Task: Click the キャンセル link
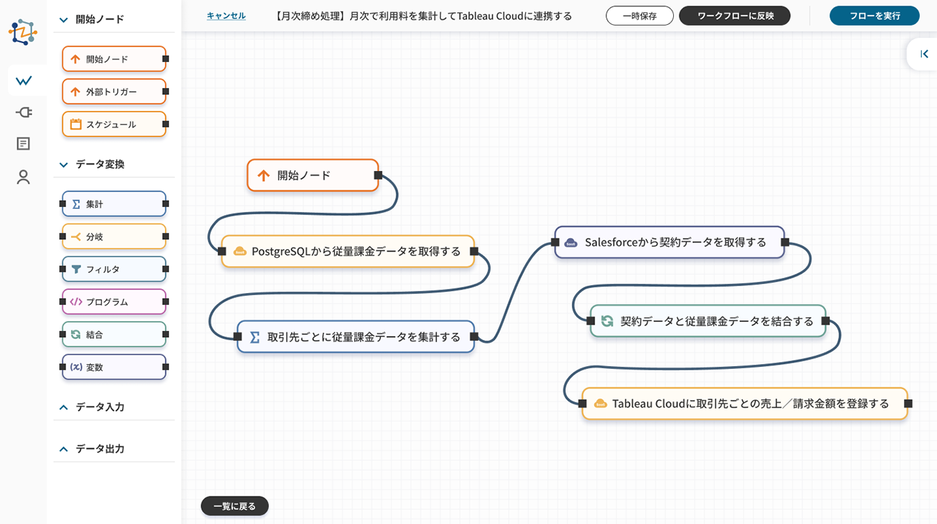coord(226,16)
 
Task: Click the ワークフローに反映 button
coord(734,16)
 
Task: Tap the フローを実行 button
coord(874,16)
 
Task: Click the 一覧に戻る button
coord(234,506)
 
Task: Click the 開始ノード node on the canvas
coord(313,175)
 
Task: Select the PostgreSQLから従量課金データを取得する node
coord(348,252)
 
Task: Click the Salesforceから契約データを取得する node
coord(670,243)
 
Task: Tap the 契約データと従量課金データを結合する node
coord(708,321)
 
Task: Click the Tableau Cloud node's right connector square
coord(908,403)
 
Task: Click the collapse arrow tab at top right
coord(924,54)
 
